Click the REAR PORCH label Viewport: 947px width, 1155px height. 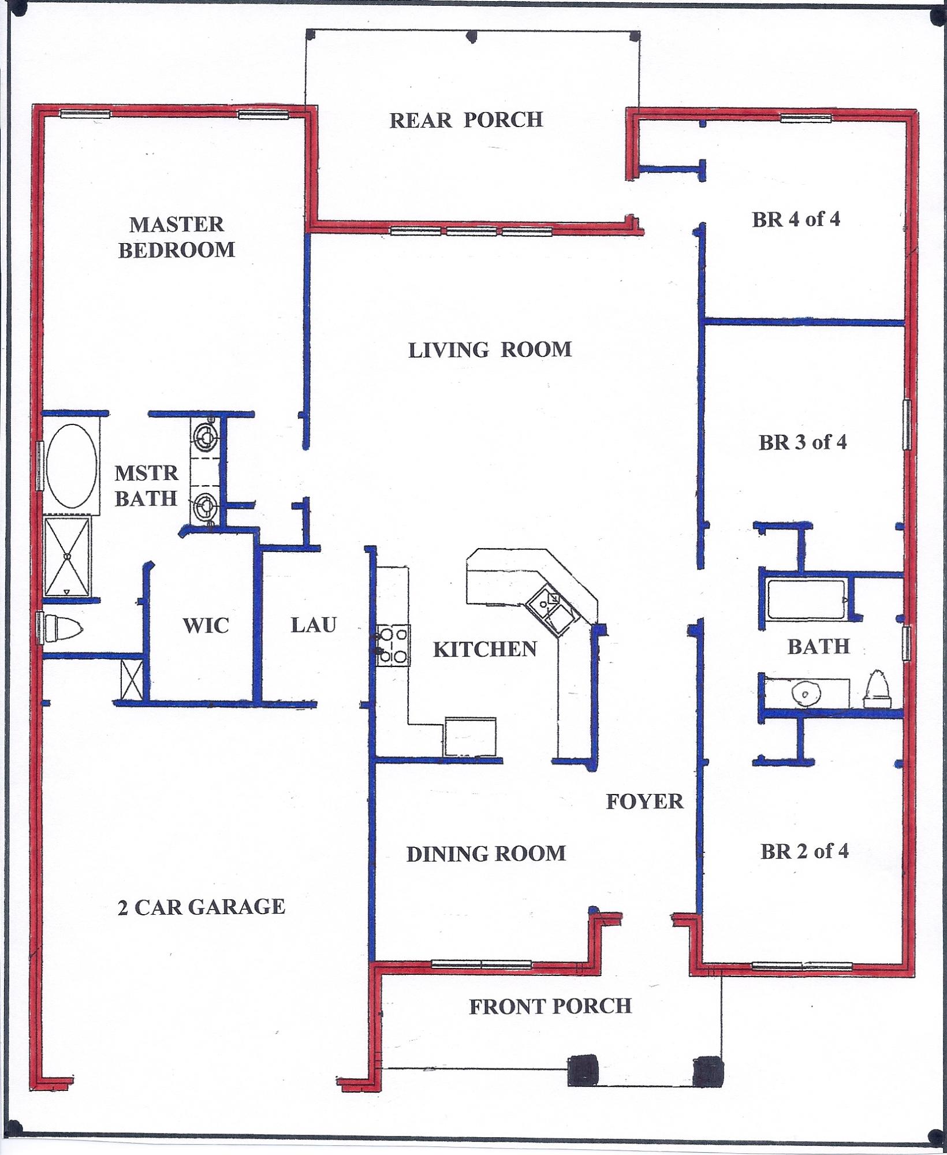pyautogui.click(x=466, y=120)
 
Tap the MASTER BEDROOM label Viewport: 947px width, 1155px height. pyautogui.click(x=177, y=237)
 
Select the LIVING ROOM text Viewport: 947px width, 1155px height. pyautogui.click(x=490, y=350)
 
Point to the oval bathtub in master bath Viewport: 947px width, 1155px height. pyautogui.click(x=72, y=466)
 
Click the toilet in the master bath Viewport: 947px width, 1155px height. pyautogui.click(x=62, y=628)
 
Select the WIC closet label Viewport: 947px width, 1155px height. pyautogui.click(x=206, y=625)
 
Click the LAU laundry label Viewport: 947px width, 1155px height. pyautogui.click(x=313, y=625)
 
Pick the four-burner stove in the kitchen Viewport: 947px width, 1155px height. pyautogui.click(x=394, y=646)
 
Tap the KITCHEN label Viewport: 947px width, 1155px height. pyautogui.click(x=485, y=649)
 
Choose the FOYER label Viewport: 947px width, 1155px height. pyautogui.click(x=644, y=802)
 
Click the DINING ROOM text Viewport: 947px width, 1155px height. pyautogui.click(x=486, y=854)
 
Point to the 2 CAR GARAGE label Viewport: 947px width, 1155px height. pyautogui.click(x=201, y=907)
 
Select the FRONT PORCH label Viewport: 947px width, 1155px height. pyautogui.click(x=550, y=1006)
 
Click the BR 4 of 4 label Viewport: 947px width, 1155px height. pyautogui.click(x=796, y=219)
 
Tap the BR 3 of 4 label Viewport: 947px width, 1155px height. pyautogui.click(x=803, y=442)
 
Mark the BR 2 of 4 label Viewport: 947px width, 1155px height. pyautogui.click(x=804, y=851)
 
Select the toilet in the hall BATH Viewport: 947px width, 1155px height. pyautogui.click(x=876, y=689)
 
